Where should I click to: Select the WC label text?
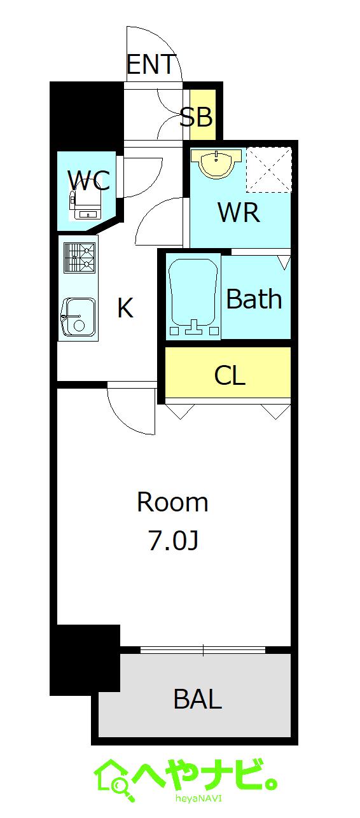coord(89,181)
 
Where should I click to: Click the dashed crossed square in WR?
coord(268,169)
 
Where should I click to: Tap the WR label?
coord(239,213)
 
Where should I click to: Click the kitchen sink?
coord(79,316)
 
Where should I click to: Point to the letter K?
coord(125,308)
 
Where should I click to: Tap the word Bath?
coord(254,299)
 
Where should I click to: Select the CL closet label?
coord(230,376)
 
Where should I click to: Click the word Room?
coord(172,503)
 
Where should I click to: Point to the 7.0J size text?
coord(173,541)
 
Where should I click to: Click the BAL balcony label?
coord(197,700)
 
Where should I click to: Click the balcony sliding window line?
coord(203,650)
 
